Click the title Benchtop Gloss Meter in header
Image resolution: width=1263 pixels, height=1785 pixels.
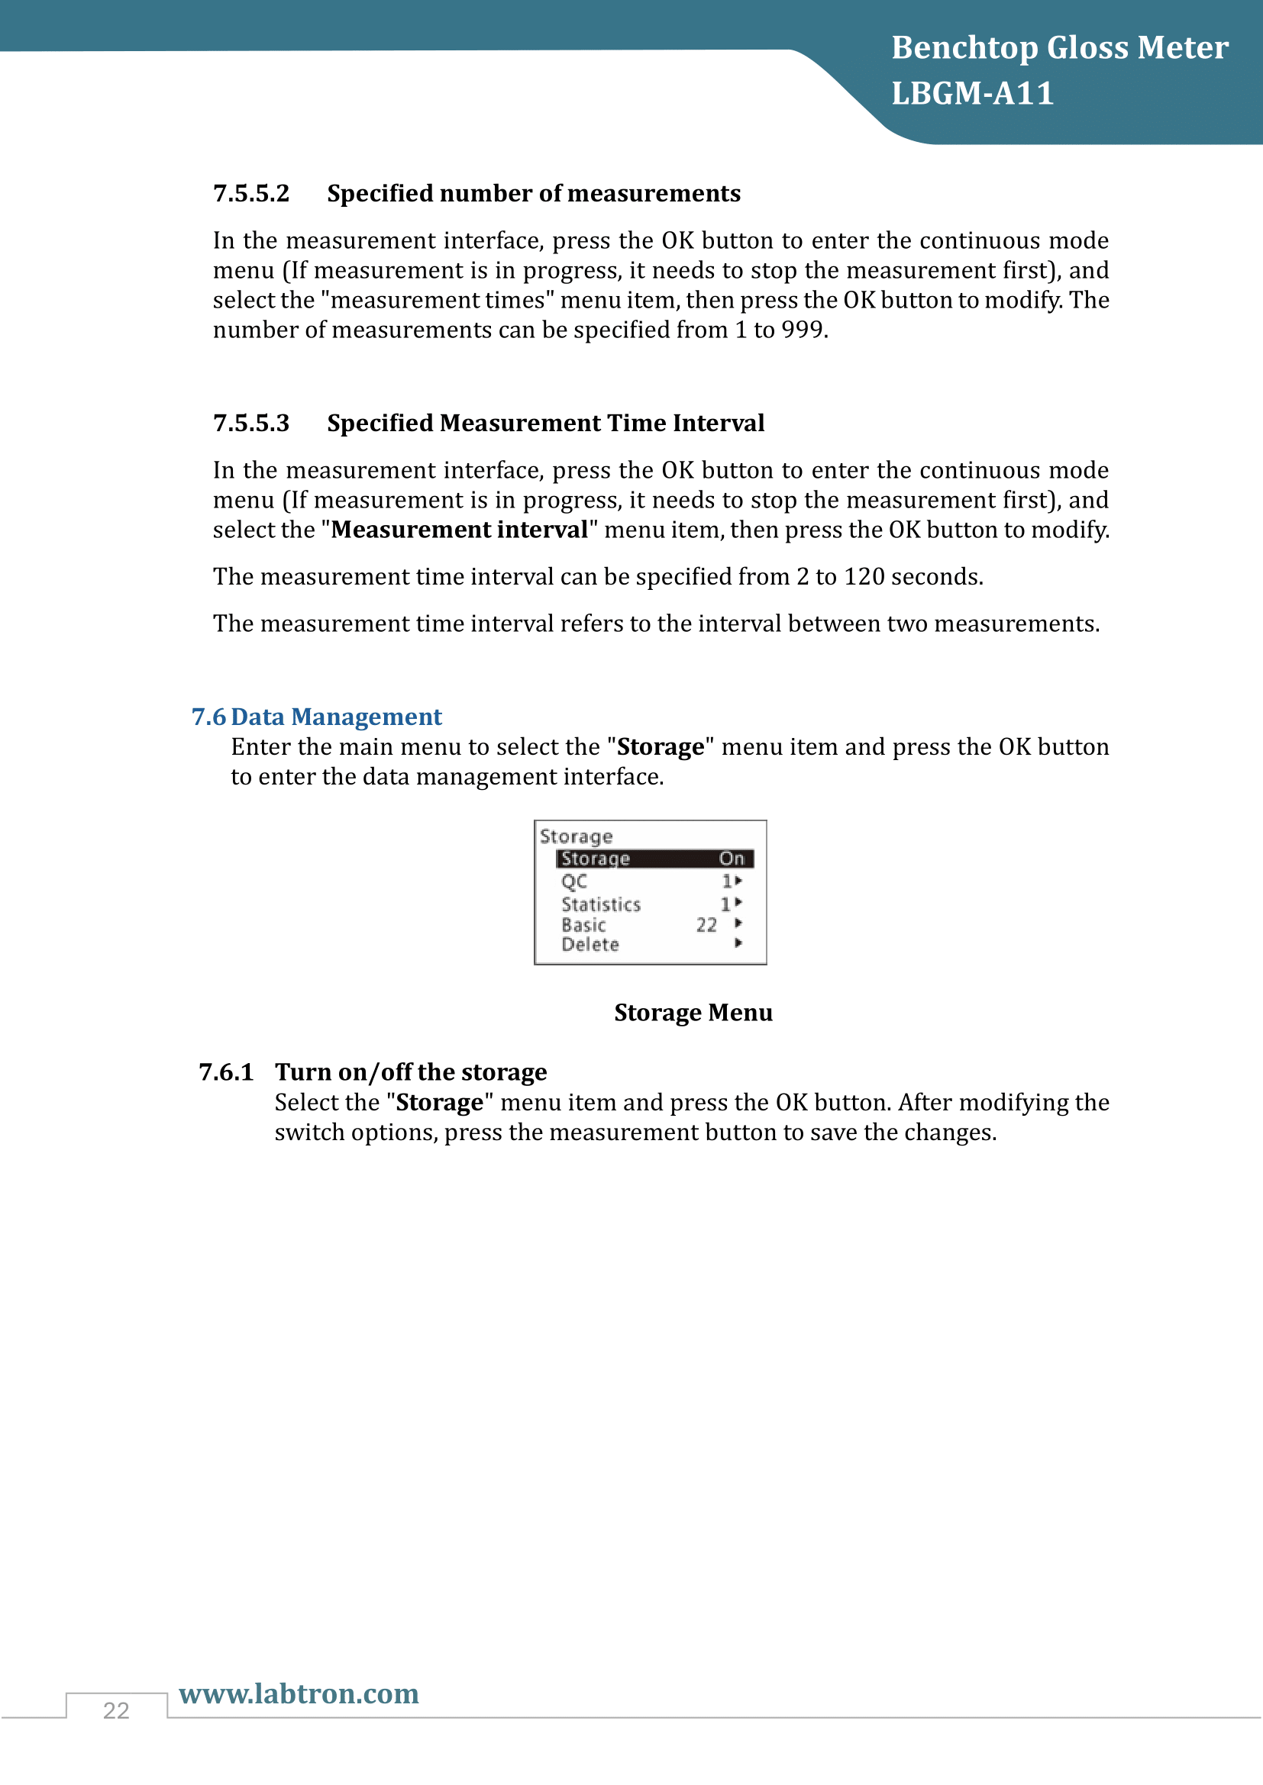[x=1059, y=48]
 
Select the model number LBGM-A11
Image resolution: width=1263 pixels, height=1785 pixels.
[x=972, y=94]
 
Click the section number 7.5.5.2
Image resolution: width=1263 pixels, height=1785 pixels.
[x=251, y=194]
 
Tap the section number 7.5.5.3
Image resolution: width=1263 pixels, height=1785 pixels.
[x=251, y=424]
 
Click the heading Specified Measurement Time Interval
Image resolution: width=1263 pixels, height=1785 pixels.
[x=545, y=424]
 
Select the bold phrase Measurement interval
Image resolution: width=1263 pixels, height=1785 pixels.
[x=459, y=530]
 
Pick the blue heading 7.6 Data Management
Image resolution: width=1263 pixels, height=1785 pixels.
[x=317, y=717]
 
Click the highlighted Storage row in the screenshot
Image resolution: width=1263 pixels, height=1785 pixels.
[x=654, y=859]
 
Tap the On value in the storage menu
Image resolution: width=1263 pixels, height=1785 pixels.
[x=731, y=859]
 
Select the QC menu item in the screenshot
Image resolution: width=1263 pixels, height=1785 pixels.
[x=574, y=881]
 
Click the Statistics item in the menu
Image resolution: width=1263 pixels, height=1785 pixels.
[x=600, y=904]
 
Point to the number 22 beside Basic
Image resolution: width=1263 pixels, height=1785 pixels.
[x=706, y=925]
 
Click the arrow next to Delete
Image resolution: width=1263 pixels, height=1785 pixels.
[x=738, y=943]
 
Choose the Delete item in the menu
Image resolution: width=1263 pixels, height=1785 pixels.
[x=590, y=945]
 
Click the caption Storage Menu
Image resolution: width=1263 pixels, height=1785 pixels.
[x=693, y=1013]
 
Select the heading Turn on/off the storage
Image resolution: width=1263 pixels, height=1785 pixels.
[x=411, y=1073]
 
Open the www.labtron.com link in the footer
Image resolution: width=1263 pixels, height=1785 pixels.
[x=299, y=1693]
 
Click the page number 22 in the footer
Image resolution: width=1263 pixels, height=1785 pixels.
[x=116, y=1710]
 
